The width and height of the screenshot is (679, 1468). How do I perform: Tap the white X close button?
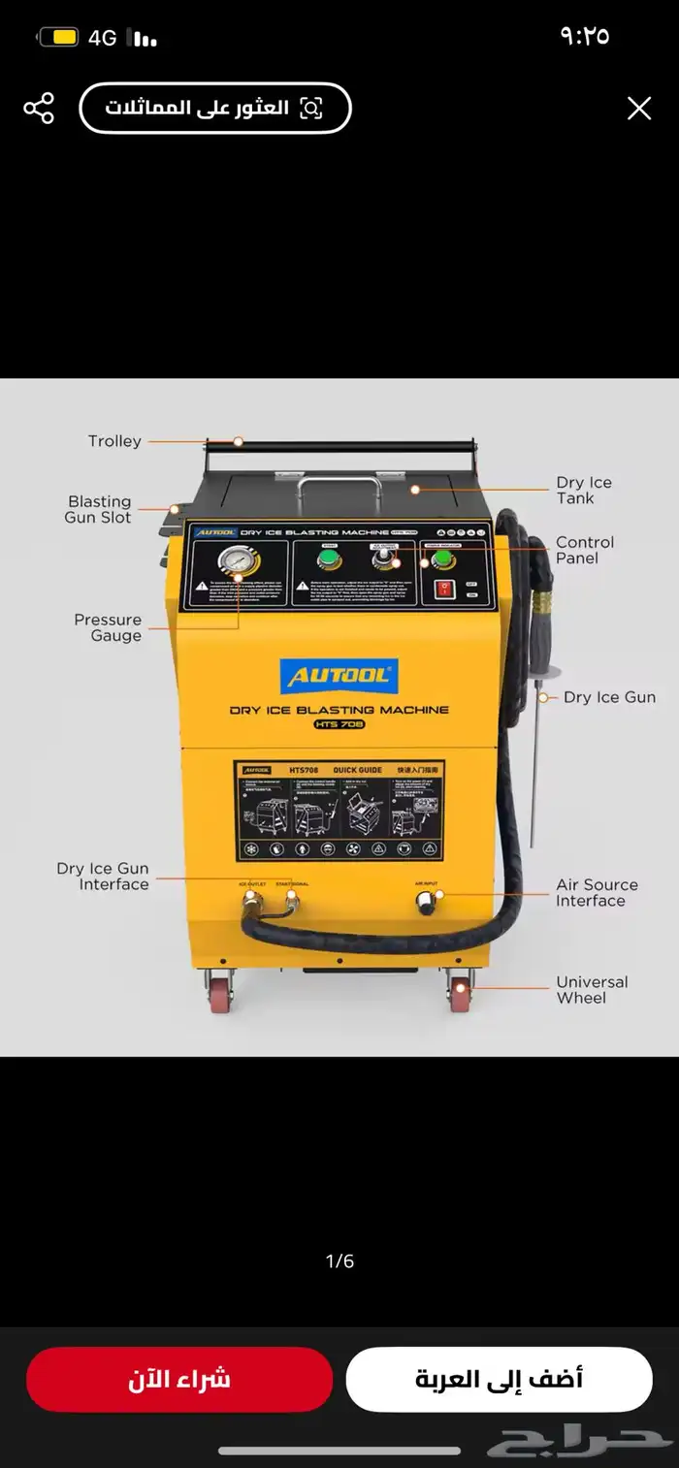(x=638, y=108)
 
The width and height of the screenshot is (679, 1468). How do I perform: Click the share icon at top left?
(x=39, y=108)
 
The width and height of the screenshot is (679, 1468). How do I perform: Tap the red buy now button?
(x=179, y=1379)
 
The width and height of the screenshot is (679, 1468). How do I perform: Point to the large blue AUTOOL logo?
(x=339, y=676)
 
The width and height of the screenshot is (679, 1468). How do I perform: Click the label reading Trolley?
(x=114, y=441)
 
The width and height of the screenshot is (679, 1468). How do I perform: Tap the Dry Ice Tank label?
(x=583, y=491)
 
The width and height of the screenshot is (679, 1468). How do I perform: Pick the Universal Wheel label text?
(x=591, y=990)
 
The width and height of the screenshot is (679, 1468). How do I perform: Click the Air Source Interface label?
(x=596, y=893)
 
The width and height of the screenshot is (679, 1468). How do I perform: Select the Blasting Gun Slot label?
(x=99, y=509)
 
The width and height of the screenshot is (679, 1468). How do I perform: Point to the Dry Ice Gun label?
(x=609, y=697)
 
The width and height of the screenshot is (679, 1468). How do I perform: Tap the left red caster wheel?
(x=220, y=994)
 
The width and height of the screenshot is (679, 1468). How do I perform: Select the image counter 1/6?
(x=339, y=1261)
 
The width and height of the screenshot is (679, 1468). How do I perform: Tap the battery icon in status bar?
(x=59, y=38)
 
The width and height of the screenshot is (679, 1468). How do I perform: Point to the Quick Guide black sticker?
(x=339, y=811)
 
